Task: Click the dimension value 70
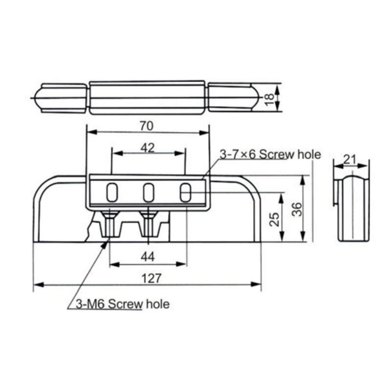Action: click(146, 126)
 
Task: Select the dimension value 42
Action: click(147, 147)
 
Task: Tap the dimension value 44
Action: click(147, 256)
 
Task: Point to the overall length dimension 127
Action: click(151, 278)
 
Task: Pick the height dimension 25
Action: click(275, 217)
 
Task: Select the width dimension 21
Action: click(349, 158)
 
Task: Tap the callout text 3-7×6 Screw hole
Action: click(270, 155)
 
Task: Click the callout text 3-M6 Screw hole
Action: click(123, 304)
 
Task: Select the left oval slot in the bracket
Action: click(112, 192)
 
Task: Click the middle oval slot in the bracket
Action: click(149, 192)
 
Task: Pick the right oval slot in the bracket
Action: click(185, 192)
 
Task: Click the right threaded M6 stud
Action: click(149, 225)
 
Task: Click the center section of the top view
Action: click(147, 98)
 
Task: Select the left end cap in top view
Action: click(61, 98)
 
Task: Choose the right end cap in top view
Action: click(232, 98)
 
